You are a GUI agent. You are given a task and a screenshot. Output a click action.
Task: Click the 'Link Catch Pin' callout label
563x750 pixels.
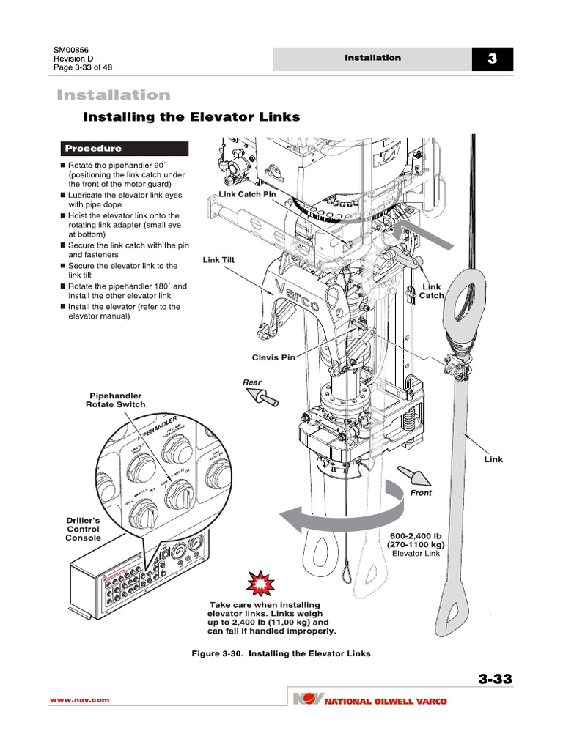coord(248,194)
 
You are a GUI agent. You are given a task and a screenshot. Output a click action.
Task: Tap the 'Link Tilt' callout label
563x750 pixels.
coord(218,259)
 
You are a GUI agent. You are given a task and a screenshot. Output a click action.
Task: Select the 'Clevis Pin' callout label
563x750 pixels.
coord(273,357)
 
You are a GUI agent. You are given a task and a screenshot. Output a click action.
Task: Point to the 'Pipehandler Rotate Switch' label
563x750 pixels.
coord(116,400)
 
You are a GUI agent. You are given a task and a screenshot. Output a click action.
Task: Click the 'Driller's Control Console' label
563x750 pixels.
coord(83,529)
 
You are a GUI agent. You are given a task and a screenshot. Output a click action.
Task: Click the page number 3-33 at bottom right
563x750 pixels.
coord(495,679)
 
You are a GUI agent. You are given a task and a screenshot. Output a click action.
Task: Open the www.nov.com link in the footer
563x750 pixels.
coord(79,700)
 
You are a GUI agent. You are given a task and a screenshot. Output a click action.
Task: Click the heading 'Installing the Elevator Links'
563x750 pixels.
coord(191,117)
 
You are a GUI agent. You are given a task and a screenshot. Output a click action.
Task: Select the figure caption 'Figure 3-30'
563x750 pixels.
coord(281,653)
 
